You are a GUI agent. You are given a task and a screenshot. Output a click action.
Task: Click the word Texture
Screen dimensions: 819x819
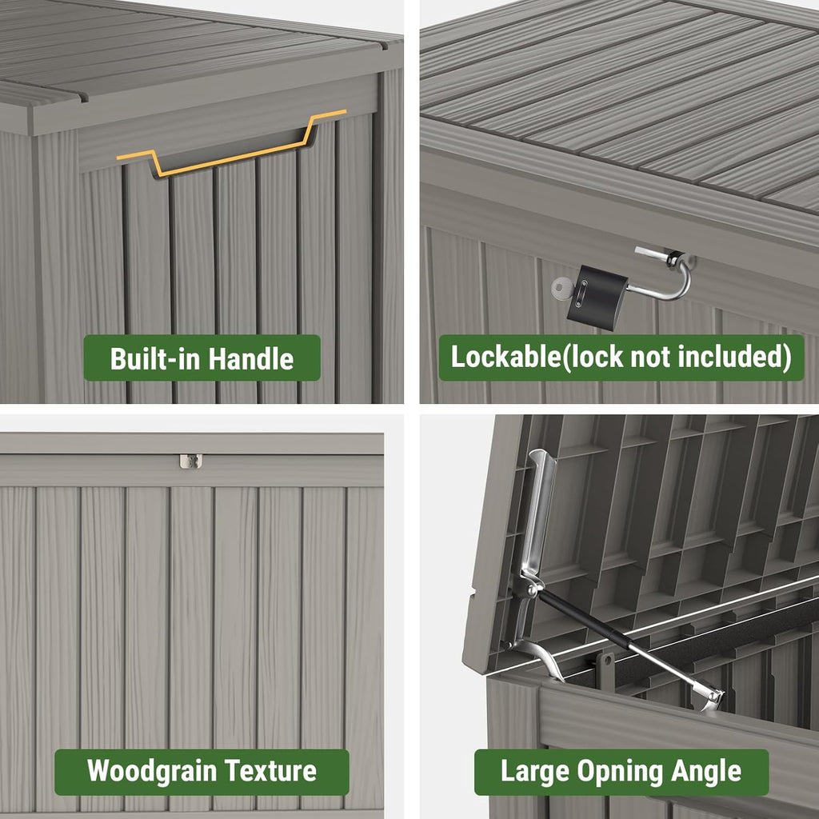click(270, 772)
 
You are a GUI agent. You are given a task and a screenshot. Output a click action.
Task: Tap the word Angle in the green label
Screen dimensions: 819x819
click(706, 772)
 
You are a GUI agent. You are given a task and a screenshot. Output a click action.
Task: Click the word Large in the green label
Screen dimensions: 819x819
click(529, 772)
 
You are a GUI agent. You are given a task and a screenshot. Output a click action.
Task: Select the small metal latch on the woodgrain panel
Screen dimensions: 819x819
click(190, 461)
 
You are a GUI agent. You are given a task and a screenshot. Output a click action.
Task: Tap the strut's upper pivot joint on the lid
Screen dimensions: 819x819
click(528, 588)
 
